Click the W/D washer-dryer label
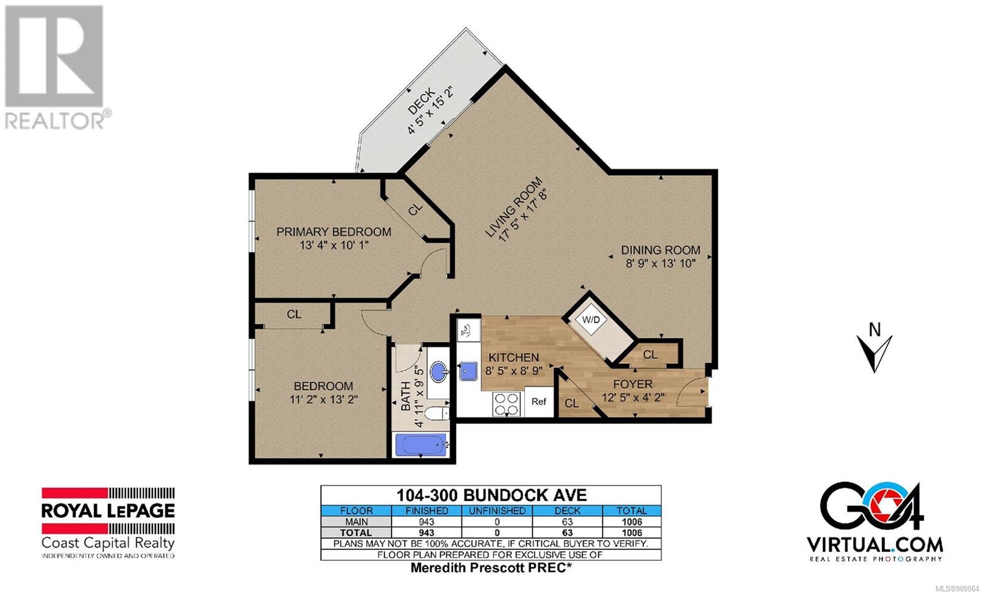tap(590, 320)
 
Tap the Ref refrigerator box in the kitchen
tap(539, 401)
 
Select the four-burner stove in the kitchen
tap(506, 404)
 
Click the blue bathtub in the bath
tap(421, 445)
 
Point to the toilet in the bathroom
tap(437, 413)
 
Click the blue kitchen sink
tap(468, 371)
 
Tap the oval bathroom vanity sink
tap(439, 372)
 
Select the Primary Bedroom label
tap(334, 232)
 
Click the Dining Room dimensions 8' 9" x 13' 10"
tap(660, 264)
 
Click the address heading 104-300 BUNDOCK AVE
tap(491, 495)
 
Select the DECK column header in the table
tap(567, 511)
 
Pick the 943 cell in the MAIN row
tap(426, 522)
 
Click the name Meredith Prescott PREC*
tap(491, 568)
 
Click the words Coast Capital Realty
tap(108, 543)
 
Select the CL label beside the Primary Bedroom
tap(415, 210)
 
